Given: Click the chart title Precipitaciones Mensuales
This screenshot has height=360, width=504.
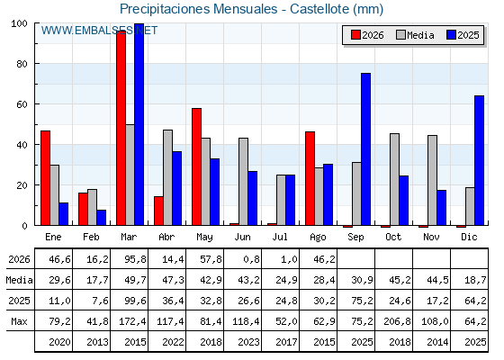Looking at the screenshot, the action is click(x=198, y=9).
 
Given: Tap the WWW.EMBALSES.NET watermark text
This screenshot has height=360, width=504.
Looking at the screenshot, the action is click(x=99, y=31).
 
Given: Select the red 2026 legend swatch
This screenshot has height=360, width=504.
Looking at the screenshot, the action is click(x=355, y=35).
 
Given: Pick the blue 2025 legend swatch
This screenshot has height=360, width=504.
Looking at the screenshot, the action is click(x=451, y=35).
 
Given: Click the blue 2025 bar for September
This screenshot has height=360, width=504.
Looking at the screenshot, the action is click(x=365, y=149).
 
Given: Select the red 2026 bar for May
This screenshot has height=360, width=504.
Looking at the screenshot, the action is click(x=197, y=166).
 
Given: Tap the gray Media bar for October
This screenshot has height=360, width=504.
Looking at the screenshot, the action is click(x=394, y=179).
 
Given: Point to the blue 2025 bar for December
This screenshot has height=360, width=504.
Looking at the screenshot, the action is click(x=479, y=160).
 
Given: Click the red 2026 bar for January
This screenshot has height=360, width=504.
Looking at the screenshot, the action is click(x=45, y=178).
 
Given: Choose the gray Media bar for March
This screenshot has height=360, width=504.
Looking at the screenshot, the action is click(x=130, y=175).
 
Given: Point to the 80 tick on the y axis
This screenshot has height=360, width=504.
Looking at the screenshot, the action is click(x=22, y=64).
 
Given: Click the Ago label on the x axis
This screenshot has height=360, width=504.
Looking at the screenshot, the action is click(x=318, y=237).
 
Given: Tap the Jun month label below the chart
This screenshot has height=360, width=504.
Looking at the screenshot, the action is click(x=242, y=237).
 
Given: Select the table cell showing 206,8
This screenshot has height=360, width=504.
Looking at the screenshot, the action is click(x=397, y=321).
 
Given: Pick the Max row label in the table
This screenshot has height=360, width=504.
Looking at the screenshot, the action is click(x=19, y=321).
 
